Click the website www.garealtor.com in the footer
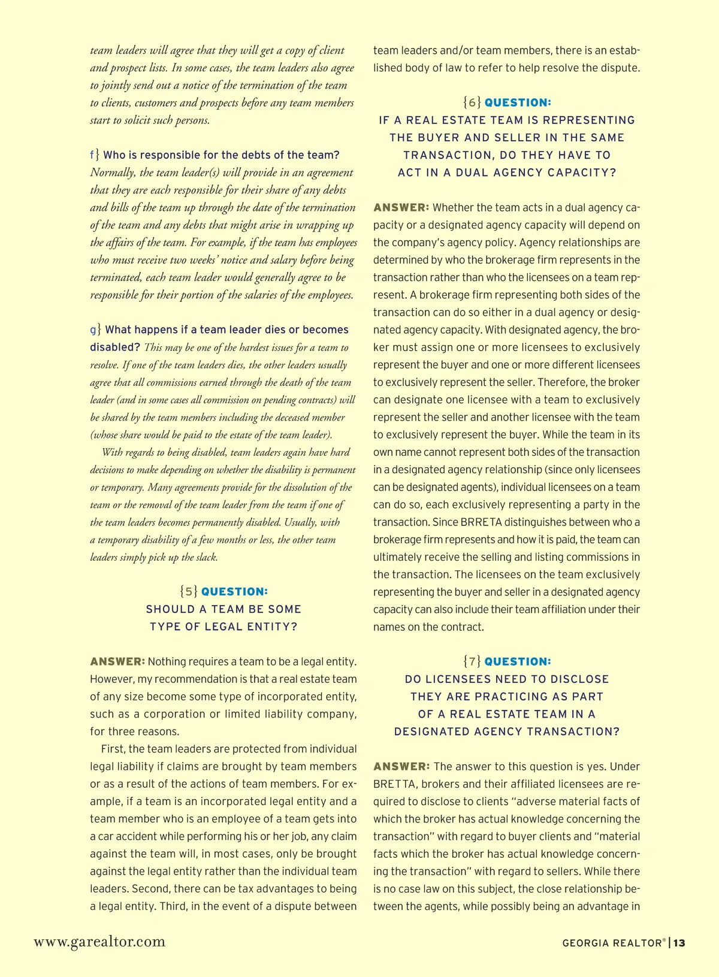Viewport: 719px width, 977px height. (x=99, y=942)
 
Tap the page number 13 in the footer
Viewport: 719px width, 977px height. (x=679, y=943)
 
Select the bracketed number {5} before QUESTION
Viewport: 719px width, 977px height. (x=189, y=592)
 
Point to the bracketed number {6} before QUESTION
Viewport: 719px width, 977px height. (x=472, y=102)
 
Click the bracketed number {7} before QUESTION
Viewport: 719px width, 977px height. (x=472, y=661)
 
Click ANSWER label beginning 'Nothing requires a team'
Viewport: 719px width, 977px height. (x=117, y=661)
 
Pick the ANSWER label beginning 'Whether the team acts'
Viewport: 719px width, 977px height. (x=401, y=208)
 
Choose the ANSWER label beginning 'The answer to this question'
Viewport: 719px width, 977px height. (x=401, y=767)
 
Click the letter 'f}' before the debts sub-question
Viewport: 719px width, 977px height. (x=95, y=155)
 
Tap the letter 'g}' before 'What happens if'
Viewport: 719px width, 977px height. (x=95, y=329)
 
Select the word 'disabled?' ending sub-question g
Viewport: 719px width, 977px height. (x=115, y=347)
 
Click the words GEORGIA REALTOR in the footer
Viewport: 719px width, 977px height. (x=612, y=943)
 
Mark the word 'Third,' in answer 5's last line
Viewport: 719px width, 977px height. (x=174, y=906)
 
